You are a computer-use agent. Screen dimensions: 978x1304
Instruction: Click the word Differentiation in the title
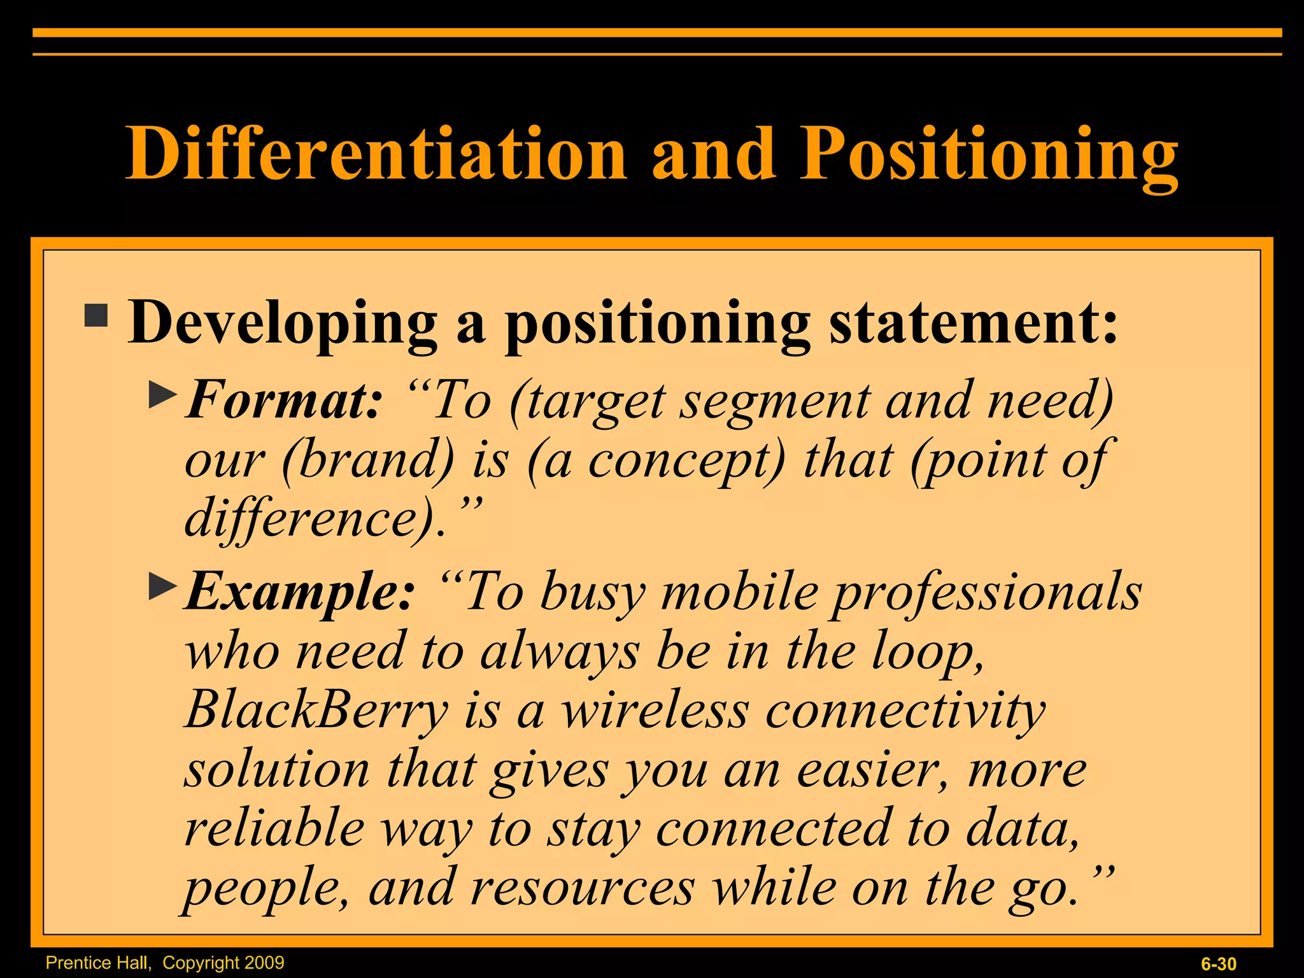tap(376, 154)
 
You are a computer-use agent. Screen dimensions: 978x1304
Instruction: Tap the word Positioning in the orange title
tap(988, 154)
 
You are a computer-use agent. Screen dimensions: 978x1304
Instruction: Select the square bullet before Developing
tap(96, 315)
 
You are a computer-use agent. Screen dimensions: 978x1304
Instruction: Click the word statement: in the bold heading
tap(973, 322)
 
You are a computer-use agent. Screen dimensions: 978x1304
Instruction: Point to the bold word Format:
tap(284, 400)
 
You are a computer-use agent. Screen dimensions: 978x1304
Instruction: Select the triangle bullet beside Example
tap(162, 586)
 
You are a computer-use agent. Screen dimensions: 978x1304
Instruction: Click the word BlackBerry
tap(316, 710)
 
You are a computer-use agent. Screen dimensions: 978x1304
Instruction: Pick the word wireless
tap(655, 710)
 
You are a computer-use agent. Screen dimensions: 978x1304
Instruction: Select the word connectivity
tap(905, 710)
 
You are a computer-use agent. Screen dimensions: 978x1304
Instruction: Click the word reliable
tap(274, 828)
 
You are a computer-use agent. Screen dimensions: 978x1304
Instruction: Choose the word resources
tap(583, 888)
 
